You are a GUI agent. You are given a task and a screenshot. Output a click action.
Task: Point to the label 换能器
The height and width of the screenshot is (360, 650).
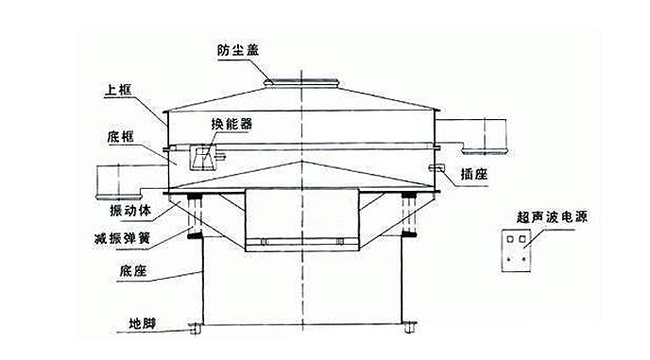point(231,123)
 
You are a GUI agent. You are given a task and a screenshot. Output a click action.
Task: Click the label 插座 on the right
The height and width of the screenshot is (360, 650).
point(473,173)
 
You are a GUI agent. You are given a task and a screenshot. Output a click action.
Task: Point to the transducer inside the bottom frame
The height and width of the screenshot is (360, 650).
point(201,159)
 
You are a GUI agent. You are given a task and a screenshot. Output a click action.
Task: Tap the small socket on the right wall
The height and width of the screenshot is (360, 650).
point(436,168)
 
